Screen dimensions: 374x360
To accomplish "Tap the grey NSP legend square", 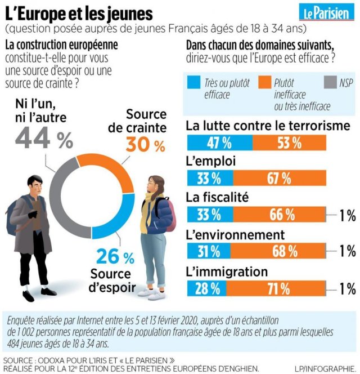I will click(x=330, y=83).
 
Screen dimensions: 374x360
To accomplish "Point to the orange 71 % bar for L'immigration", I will click(x=278, y=290).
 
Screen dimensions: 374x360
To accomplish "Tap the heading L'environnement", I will click(x=235, y=234).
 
